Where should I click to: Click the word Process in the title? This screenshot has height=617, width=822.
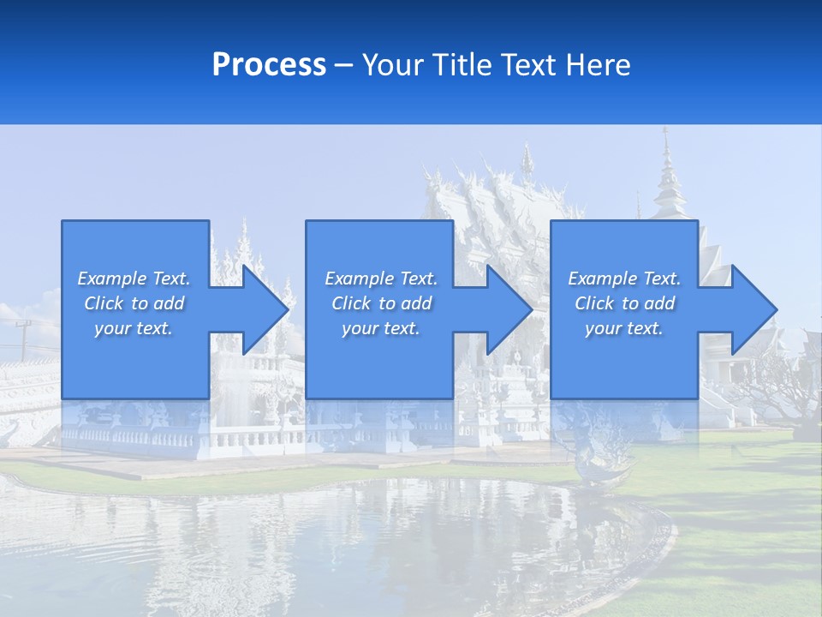[x=269, y=65]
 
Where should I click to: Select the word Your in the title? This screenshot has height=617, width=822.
[x=393, y=65]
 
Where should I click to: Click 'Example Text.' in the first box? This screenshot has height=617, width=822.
[x=134, y=279]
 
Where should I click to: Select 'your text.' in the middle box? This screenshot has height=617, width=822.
[x=380, y=328]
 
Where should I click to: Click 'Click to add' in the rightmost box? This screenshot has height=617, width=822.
[x=624, y=303]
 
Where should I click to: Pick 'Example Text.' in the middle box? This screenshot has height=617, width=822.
[x=380, y=279]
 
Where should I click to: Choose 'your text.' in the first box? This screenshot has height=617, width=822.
[x=134, y=328]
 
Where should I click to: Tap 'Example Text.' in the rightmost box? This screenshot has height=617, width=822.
[x=624, y=279]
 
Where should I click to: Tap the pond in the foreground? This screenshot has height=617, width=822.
[x=342, y=540]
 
